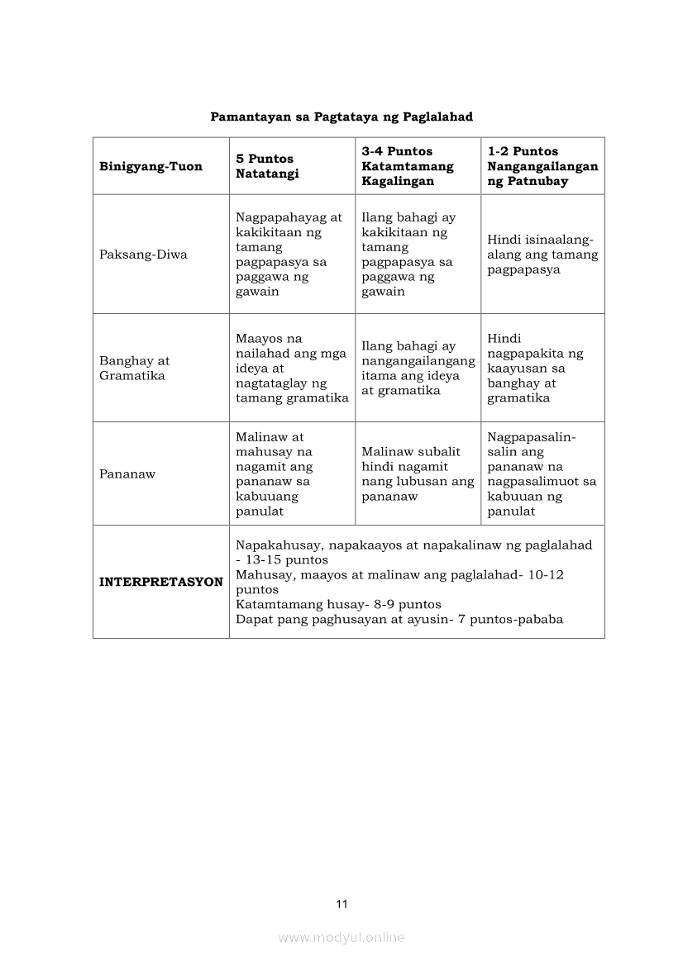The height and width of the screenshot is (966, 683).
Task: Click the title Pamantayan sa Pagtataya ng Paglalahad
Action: [341, 117]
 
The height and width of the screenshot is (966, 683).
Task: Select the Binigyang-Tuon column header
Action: [150, 166]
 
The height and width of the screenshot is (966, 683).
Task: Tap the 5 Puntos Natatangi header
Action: [265, 166]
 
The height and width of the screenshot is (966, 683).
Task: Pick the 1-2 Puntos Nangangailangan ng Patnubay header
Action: [542, 166]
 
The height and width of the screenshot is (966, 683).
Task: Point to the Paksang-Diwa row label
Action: [143, 255]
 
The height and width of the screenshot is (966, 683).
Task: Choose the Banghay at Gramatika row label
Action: [134, 368]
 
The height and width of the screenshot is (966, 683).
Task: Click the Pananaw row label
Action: [127, 474]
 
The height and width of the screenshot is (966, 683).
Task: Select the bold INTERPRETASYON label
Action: [160, 582]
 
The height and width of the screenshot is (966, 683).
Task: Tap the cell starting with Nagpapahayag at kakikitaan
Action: [289, 255]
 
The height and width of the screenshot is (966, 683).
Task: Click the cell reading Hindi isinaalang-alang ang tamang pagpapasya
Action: [542, 255]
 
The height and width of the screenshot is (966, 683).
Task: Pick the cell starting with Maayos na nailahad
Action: [292, 368]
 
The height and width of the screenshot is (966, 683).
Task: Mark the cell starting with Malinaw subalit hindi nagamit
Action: [418, 474]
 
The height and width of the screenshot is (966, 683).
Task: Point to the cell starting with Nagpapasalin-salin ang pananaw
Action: [542, 474]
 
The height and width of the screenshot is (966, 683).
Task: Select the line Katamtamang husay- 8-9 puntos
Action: [338, 604]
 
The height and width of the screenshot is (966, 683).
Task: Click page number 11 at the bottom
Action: [341, 903]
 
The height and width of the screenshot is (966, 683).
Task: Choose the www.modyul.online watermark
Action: [341, 937]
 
